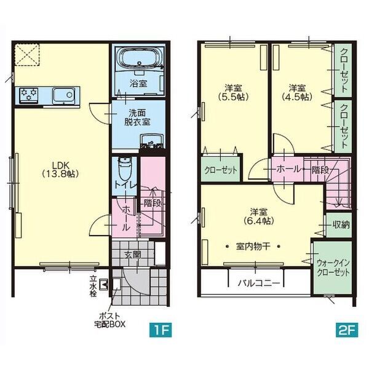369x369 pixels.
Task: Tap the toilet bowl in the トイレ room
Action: click(x=124, y=169)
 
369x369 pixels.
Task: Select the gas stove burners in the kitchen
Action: click(x=29, y=95)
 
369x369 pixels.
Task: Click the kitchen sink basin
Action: click(x=64, y=95)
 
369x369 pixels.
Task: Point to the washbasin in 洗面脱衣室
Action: click(x=151, y=141)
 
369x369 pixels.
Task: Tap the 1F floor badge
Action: click(x=161, y=330)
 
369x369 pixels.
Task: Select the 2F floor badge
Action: click(x=347, y=330)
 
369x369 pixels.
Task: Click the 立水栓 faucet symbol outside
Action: click(x=103, y=284)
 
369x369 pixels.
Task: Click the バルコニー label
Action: click(x=259, y=283)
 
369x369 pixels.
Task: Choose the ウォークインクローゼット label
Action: click(x=333, y=268)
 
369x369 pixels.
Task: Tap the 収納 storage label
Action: click(x=341, y=225)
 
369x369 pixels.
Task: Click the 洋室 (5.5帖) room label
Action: click(x=233, y=92)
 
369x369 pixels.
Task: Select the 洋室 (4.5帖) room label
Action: click(x=297, y=92)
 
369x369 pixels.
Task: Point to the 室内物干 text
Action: click(x=253, y=247)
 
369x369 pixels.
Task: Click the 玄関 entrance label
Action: click(x=133, y=255)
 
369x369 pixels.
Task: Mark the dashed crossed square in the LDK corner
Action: click(x=27, y=54)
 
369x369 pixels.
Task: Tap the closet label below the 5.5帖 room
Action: click(x=221, y=170)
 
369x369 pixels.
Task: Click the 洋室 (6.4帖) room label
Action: click(x=258, y=216)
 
